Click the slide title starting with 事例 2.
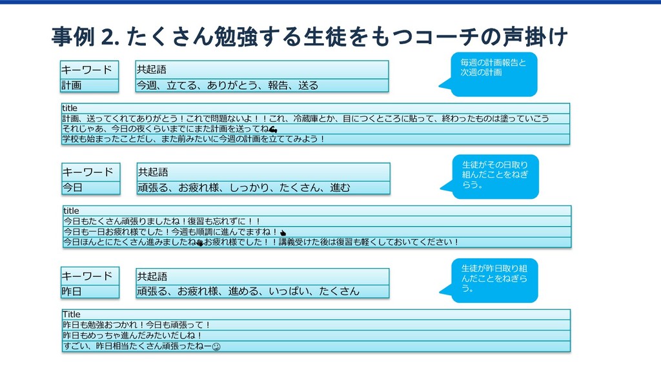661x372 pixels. (309, 37)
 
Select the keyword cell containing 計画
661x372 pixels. (90, 85)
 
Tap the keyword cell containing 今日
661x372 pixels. (91, 188)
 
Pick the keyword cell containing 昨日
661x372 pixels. (90, 291)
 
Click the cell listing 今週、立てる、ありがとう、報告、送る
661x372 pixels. (261, 85)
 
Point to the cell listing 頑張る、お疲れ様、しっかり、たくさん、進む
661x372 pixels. (263, 188)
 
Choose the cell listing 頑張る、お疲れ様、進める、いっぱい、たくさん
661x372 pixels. (262, 291)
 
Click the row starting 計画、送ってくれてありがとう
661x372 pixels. (316, 118)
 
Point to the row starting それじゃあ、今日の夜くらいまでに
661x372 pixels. (316, 129)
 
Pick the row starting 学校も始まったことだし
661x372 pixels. (316, 139)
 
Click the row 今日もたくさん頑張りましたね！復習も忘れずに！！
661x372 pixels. (316, 221)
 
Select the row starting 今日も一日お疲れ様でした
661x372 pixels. (316, 231)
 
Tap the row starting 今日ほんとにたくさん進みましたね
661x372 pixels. (316, 242)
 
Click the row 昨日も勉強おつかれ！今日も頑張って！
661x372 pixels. (316, 325)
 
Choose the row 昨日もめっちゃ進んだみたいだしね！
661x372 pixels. (316, 335)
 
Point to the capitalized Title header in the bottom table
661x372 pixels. (72, 314)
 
